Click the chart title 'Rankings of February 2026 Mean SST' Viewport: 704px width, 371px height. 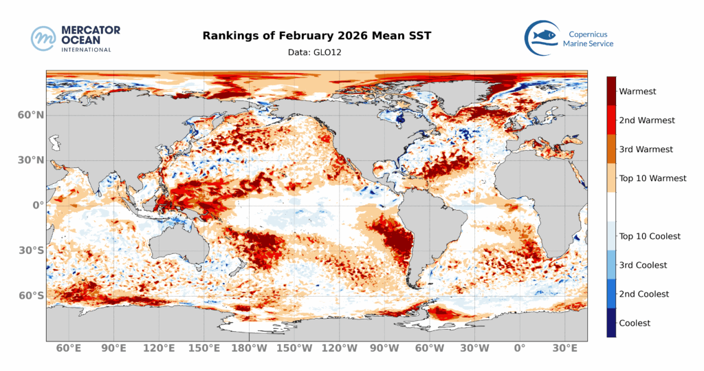316,36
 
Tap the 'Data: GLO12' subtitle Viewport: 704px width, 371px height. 316,52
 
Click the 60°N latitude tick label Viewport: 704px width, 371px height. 31,115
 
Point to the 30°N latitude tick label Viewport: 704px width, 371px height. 31,160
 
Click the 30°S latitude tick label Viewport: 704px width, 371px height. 31,250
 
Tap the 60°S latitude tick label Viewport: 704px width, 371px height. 31,295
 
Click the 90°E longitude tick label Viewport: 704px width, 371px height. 113,348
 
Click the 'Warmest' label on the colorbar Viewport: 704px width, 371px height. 637,91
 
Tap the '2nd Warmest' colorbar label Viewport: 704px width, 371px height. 647,120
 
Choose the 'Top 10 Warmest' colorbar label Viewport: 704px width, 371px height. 652,178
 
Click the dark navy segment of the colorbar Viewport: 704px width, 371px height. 611,323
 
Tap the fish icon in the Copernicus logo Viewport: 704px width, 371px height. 541,35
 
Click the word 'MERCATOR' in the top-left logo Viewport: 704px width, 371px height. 91,30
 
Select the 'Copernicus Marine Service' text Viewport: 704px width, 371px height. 588,39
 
